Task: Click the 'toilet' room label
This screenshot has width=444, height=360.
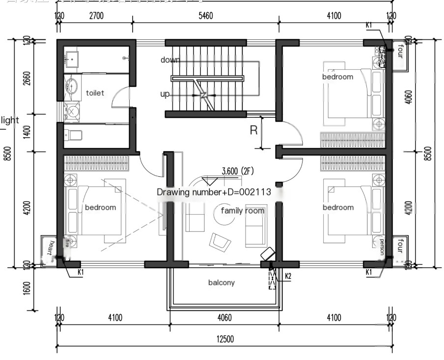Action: click(x=95, y=93)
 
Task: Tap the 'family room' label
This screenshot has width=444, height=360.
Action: click(x=242, y=211)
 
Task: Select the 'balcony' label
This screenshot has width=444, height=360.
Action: click(x=222, y=282)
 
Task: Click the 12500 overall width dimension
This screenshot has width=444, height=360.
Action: click(x=225, y=339)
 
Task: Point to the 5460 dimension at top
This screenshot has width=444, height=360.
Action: click(x=205, y=16)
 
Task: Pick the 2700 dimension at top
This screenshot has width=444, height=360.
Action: click(x=96, y=16)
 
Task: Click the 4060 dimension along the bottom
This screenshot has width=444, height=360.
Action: click(x=224, y=318)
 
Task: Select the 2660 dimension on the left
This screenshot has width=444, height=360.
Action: click(x=26, y=78)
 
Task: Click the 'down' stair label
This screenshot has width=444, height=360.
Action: click(x=170, y=60)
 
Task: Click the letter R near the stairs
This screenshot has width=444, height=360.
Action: click(x=254, y=131)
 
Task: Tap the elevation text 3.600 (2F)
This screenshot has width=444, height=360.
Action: click(x=237, y=171)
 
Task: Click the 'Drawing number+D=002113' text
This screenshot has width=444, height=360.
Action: click(x=214, y=192)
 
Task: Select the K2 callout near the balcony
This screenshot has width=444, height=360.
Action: click(x=288, y=276)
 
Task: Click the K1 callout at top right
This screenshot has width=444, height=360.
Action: click(x=369, y=25)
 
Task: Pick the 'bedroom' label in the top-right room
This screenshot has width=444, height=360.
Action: click(x=337, y=77)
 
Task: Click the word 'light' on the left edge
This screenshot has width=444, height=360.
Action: click(x=10, y=120)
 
